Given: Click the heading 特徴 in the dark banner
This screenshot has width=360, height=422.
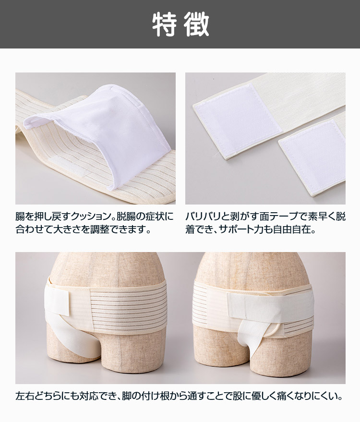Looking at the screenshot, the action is coord(180,24).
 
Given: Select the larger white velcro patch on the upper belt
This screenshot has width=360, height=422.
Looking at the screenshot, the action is coord(237,121).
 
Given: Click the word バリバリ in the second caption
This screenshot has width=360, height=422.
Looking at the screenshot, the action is coord(203,217).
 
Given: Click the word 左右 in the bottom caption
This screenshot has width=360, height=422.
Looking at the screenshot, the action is coord(24,396).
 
